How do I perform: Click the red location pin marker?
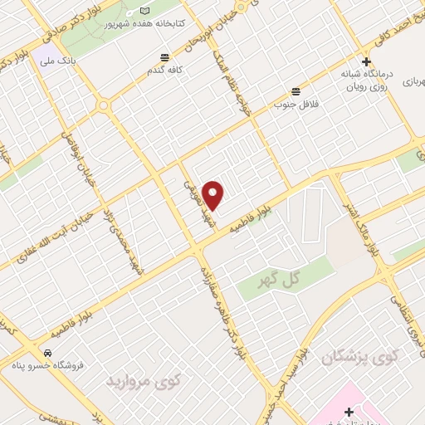[213, 195]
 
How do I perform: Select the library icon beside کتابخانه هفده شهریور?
[146, 11]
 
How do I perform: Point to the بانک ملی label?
[61, 60]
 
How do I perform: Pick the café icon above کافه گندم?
[165, 58]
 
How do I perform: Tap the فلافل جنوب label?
[297, 105]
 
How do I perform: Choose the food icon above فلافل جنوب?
[296, 91]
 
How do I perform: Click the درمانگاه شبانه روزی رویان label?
[365, 80]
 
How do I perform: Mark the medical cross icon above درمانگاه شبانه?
[366, 61]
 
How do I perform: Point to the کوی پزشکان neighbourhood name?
[358, 356]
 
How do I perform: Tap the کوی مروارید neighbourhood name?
[142, 380]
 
